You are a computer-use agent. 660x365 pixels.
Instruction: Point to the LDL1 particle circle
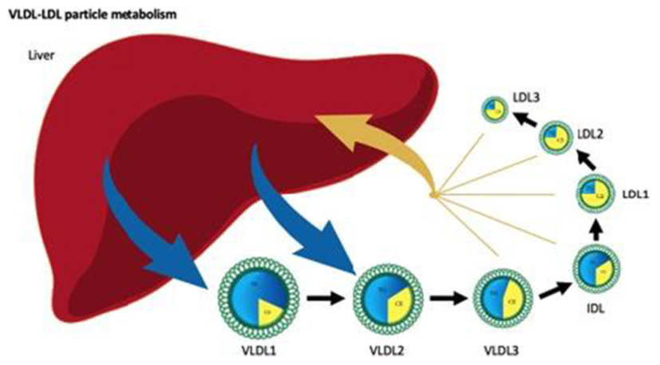point(602,193)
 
